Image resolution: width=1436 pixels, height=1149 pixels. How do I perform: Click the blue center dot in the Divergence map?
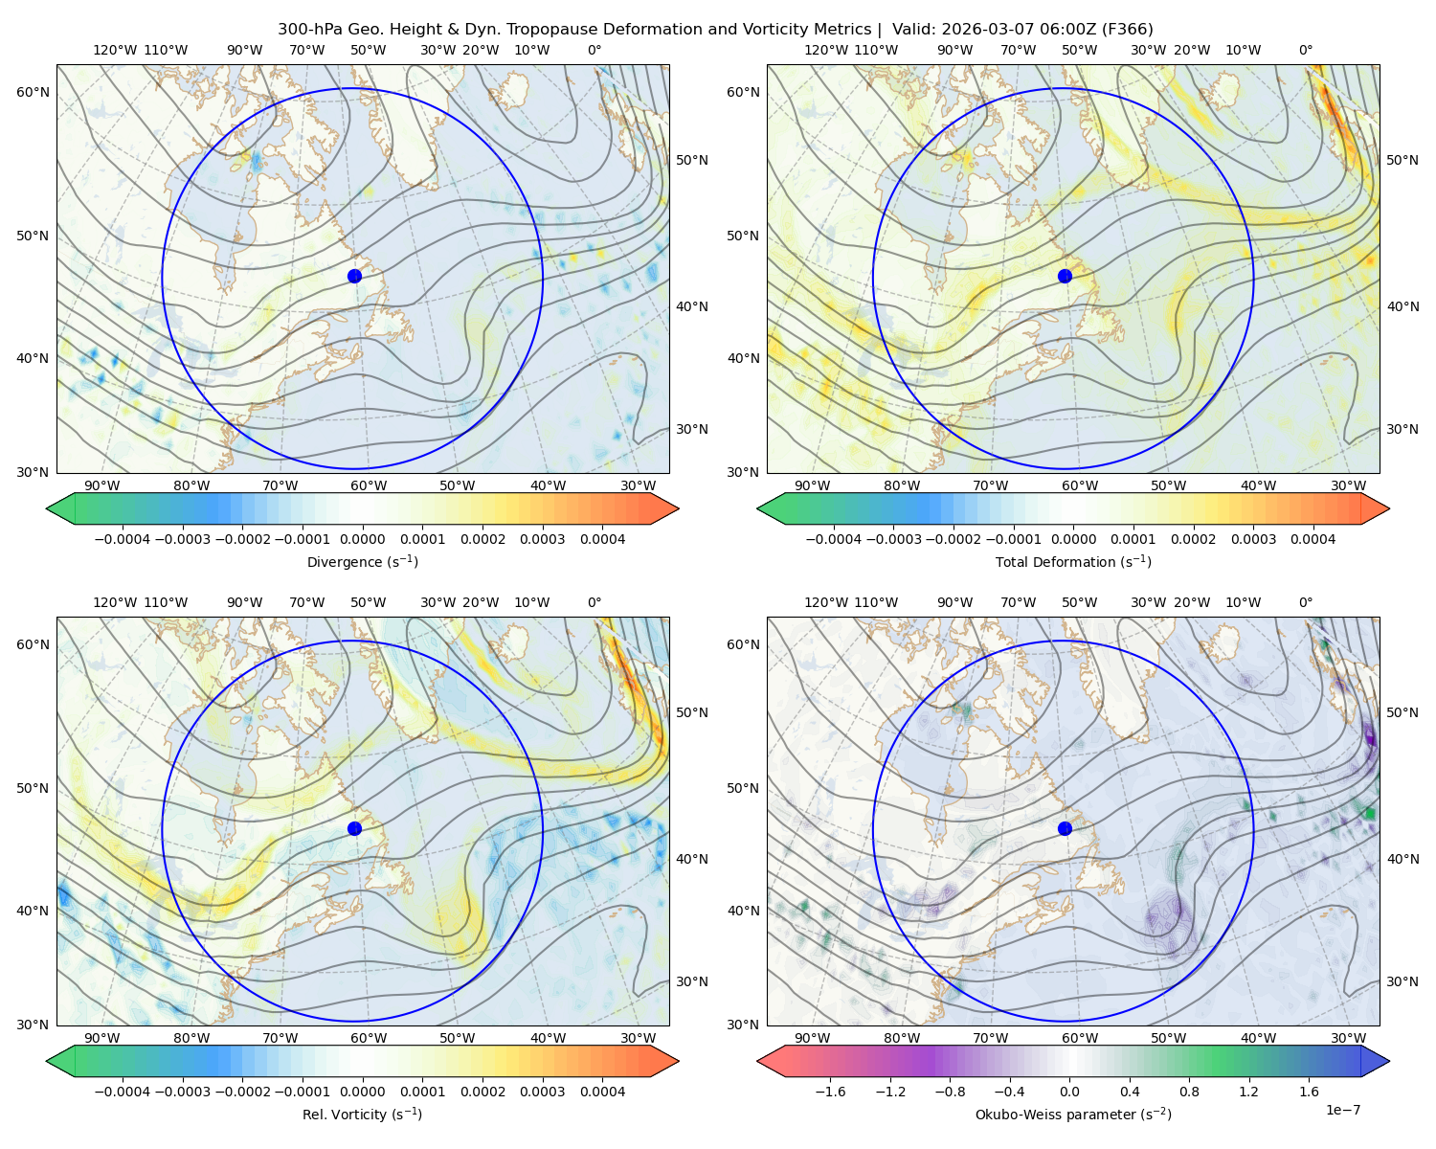coord(354,276)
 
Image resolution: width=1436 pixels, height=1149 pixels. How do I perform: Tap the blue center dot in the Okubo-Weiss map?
coord(1065,828)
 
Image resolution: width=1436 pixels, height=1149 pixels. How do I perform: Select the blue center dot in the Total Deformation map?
coord(1065,276)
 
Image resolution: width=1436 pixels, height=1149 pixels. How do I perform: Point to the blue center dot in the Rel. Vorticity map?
coord(354,828)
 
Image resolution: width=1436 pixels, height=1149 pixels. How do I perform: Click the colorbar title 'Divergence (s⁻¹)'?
coord(362,562)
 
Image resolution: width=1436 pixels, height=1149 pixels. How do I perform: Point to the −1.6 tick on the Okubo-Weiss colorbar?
coord(831,1092)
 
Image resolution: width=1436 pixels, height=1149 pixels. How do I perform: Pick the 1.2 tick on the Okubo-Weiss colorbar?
coord(1248,1092)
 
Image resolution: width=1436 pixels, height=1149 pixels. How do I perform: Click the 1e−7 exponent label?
coord(1342,1111)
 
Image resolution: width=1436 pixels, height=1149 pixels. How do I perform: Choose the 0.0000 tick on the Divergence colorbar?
coord(362,539)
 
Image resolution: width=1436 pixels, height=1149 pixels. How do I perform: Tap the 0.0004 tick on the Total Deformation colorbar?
coord(1313,539)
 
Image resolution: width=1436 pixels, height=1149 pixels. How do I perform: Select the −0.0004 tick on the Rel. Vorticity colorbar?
coord(123,1092)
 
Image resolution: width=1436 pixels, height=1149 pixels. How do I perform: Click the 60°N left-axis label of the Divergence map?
coord(33,92)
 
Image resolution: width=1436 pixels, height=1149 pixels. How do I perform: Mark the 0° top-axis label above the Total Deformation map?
coord(1306,50)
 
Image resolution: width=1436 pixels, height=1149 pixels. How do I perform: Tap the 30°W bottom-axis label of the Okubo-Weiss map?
coord(1349,1038)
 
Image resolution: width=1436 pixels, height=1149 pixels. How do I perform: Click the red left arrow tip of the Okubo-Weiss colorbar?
coord(758,1061)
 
